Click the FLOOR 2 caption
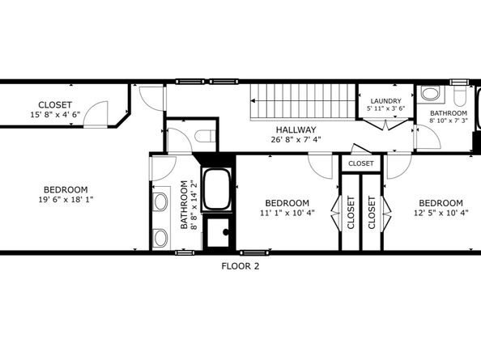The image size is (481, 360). click(x=240, y=265)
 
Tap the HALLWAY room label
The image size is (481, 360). click(x=296, y=129)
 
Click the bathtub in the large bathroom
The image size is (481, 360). click(x=216, y=190)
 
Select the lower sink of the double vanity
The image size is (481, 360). click(x=160, y=237)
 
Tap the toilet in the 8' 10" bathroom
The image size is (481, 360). click(x=461, y=96)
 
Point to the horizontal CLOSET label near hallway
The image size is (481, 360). click(x=360, y=163)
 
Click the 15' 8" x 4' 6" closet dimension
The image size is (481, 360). click(x=55, y=115)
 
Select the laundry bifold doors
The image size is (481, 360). click(x=385, y=124)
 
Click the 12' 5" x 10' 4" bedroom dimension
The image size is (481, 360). click(x=441, y=213)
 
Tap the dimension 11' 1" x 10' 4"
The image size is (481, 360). click(x=287, y=213)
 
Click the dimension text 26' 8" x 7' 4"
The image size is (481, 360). click(x=295, y=140)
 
